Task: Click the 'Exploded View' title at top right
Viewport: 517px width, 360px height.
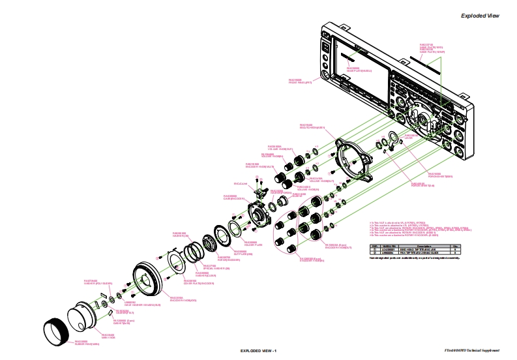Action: tap(480, 16)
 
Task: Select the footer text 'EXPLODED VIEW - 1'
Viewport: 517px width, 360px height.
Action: tap(259, 352)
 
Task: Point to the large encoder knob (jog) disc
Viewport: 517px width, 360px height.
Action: tap(147, 281)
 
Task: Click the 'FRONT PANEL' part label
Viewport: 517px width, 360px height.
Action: tap(301, 82)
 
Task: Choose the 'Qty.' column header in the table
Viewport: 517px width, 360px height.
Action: tap(456, 245)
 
